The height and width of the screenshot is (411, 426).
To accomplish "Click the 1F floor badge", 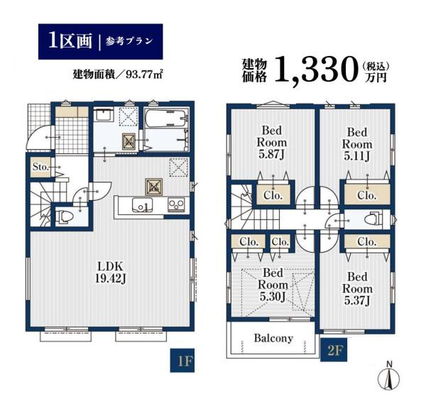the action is (x=182, y=360).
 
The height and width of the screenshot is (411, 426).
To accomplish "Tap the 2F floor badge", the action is (x=334, y=350).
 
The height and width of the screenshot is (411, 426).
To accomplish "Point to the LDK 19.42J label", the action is (x=110, y=273).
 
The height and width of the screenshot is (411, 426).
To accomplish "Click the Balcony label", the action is (x=273, y=338).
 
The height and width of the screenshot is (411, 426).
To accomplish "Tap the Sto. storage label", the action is (x=40, y=167).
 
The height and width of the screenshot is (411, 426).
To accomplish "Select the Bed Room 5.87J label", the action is (x=272, y=143).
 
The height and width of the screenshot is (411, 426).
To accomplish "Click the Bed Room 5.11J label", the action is (x=357, y=144).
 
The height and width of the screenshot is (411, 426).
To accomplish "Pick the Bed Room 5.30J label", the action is (x=273, y=285).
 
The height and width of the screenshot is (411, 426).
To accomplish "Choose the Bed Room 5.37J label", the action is (x=357, y=289).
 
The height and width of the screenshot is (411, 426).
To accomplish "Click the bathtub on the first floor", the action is (x=166, y=118).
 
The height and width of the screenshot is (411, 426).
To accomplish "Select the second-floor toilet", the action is (x=373, y=219).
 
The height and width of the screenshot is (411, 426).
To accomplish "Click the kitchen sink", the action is (x=142, y=205).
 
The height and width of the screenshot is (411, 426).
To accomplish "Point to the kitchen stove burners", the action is (x=176, y=204).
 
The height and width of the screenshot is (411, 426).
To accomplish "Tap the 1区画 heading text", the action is (x=70, y=41).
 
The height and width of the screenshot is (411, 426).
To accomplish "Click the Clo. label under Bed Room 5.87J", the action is (x=273, y=195).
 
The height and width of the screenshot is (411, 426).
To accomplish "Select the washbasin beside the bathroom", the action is (x=104, y=115).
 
